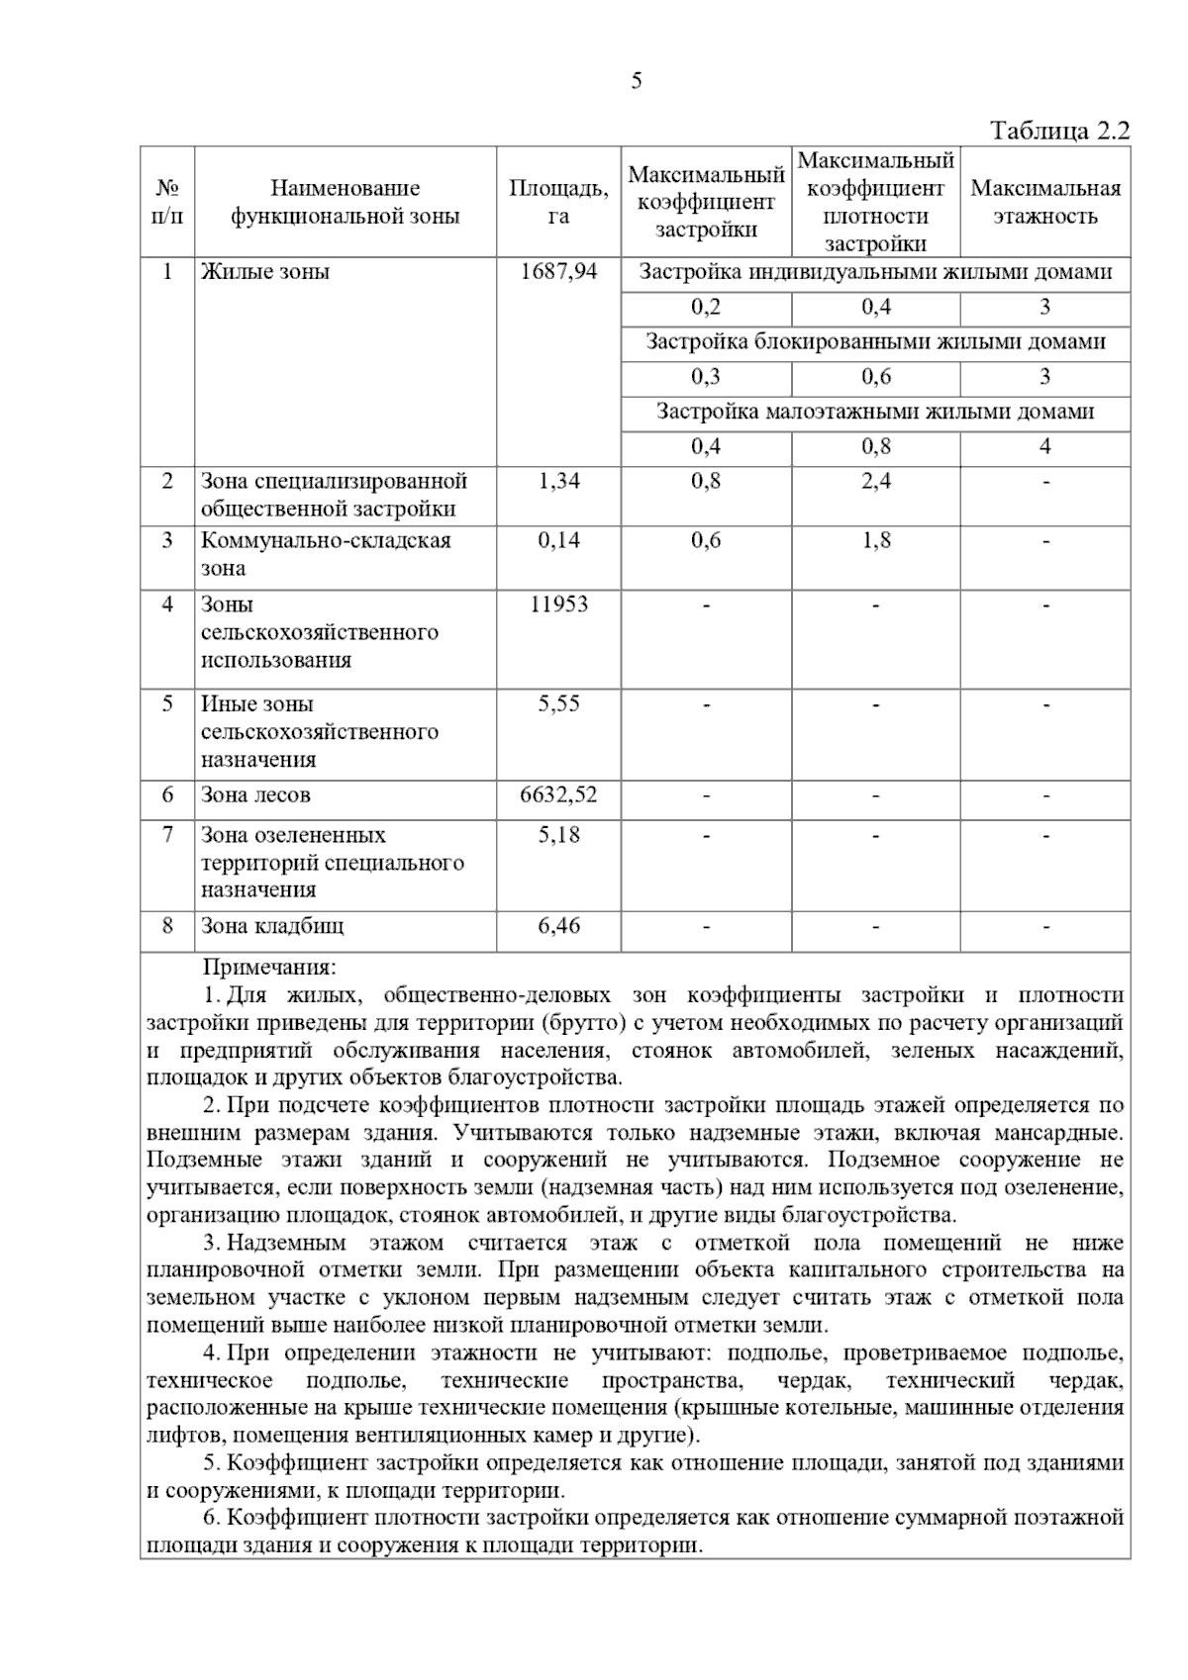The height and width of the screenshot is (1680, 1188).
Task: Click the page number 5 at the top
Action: point(636,81)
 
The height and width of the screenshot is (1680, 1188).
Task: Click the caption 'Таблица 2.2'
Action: point(1059,132)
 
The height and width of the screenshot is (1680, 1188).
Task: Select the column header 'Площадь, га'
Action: point(558,202)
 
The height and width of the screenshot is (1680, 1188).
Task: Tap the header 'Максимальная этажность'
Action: point(1044,202)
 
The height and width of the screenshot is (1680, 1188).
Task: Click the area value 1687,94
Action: point(558,272)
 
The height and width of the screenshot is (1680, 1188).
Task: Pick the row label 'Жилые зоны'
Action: point(265,272)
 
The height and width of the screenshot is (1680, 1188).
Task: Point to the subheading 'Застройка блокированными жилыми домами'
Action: point(875,342)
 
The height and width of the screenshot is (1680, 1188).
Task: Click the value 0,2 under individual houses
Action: point(706,308)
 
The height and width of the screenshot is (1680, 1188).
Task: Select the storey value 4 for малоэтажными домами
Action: point(1044,446)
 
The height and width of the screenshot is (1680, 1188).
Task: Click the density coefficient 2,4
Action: point(875,482)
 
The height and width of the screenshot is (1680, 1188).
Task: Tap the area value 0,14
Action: point(558,540)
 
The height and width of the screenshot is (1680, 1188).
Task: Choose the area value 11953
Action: point(558,605)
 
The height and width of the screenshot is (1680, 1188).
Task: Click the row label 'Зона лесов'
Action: point(255,795)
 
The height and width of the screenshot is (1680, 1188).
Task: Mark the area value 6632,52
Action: point(558,795)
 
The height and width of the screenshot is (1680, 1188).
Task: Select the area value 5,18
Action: point(558,835)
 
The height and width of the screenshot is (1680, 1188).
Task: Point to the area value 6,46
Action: point(558,927)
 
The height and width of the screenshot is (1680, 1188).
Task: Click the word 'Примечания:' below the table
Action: point(269,967)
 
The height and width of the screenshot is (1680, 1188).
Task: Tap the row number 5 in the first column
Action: point(167,704)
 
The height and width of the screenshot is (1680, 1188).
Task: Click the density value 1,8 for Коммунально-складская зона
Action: point(875,540)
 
